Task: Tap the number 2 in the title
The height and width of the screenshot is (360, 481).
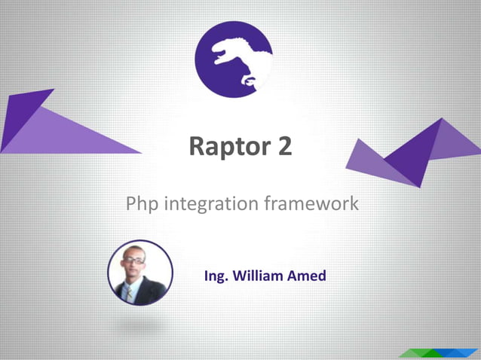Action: (x=283, y=146)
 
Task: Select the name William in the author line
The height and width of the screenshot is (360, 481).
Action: (x=258, y=276)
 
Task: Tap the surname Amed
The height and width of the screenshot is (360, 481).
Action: (x=307, y=276)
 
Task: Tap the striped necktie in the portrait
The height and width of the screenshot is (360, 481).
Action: (x=130, y=292)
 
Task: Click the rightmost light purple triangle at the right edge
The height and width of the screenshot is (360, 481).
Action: (x=457, y=139)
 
